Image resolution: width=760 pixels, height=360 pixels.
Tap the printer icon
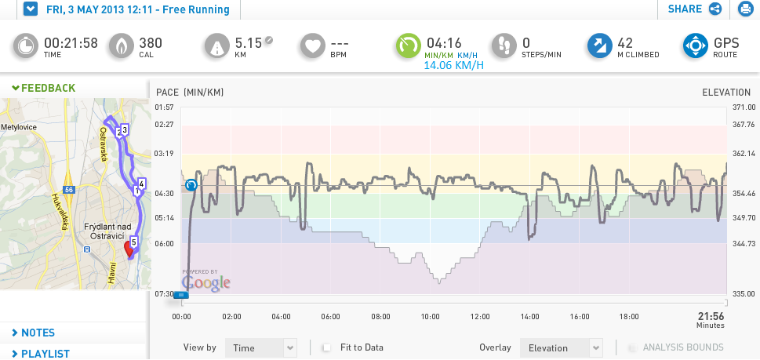coord(744,9)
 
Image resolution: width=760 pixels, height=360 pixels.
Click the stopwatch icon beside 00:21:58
coord(25,46)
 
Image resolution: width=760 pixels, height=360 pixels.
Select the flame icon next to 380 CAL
coord(121,46)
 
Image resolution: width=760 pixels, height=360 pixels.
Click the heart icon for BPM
coord(313,46)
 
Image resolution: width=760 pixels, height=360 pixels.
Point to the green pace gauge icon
coord(409,46)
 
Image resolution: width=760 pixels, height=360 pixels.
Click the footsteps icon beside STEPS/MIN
coord(504,46)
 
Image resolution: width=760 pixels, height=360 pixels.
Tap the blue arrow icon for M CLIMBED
coord(600,46)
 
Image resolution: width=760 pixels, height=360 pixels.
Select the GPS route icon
coord(696,46)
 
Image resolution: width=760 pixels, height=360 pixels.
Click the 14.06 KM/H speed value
coord(453,65)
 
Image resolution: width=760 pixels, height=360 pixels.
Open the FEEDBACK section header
coord(44,88)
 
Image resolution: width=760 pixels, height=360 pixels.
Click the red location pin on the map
coord(129,249)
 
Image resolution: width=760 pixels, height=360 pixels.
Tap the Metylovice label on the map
coord(18,127)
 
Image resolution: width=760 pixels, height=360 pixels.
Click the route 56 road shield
coord(69,190)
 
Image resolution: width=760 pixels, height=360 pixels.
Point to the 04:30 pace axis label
coord(165,193)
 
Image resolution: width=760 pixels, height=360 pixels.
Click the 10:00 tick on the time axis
coord(431,317)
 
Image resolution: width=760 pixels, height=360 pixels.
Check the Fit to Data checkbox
coord(327,347)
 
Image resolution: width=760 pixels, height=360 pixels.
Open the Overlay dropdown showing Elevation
coord(562,348)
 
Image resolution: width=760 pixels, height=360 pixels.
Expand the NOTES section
coord(34,333)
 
